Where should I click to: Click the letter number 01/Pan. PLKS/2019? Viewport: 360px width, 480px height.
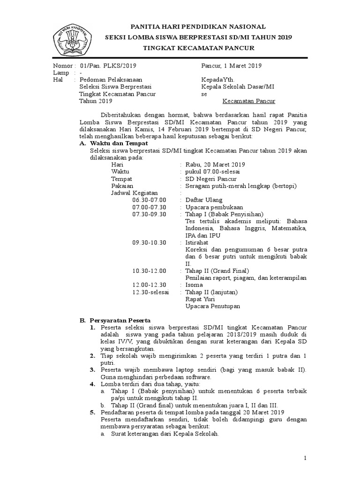[108, 66]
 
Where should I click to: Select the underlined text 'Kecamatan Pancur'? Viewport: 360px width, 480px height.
[248, 101]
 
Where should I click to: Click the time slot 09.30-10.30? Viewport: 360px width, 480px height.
[149, 242]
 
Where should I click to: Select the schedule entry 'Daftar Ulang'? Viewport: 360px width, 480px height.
[201, 200]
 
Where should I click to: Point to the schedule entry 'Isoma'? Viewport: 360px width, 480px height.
[194, 285]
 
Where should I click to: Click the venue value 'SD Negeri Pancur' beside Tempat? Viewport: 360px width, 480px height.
[211, 179]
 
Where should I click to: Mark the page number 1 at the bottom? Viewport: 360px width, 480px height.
[305, 457]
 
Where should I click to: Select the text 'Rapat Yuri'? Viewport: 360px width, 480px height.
[199, 299]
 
